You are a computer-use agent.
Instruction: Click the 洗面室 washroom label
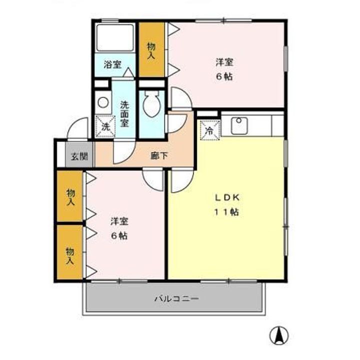tap(124, 114)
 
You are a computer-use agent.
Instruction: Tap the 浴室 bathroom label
tap(112, 64)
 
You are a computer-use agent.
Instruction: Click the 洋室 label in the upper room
tap(224, 62)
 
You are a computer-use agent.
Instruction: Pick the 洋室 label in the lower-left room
tap(119, 221)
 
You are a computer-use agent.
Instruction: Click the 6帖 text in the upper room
tap(224, 77)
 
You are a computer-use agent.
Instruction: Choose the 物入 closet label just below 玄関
tap(70, 197)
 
